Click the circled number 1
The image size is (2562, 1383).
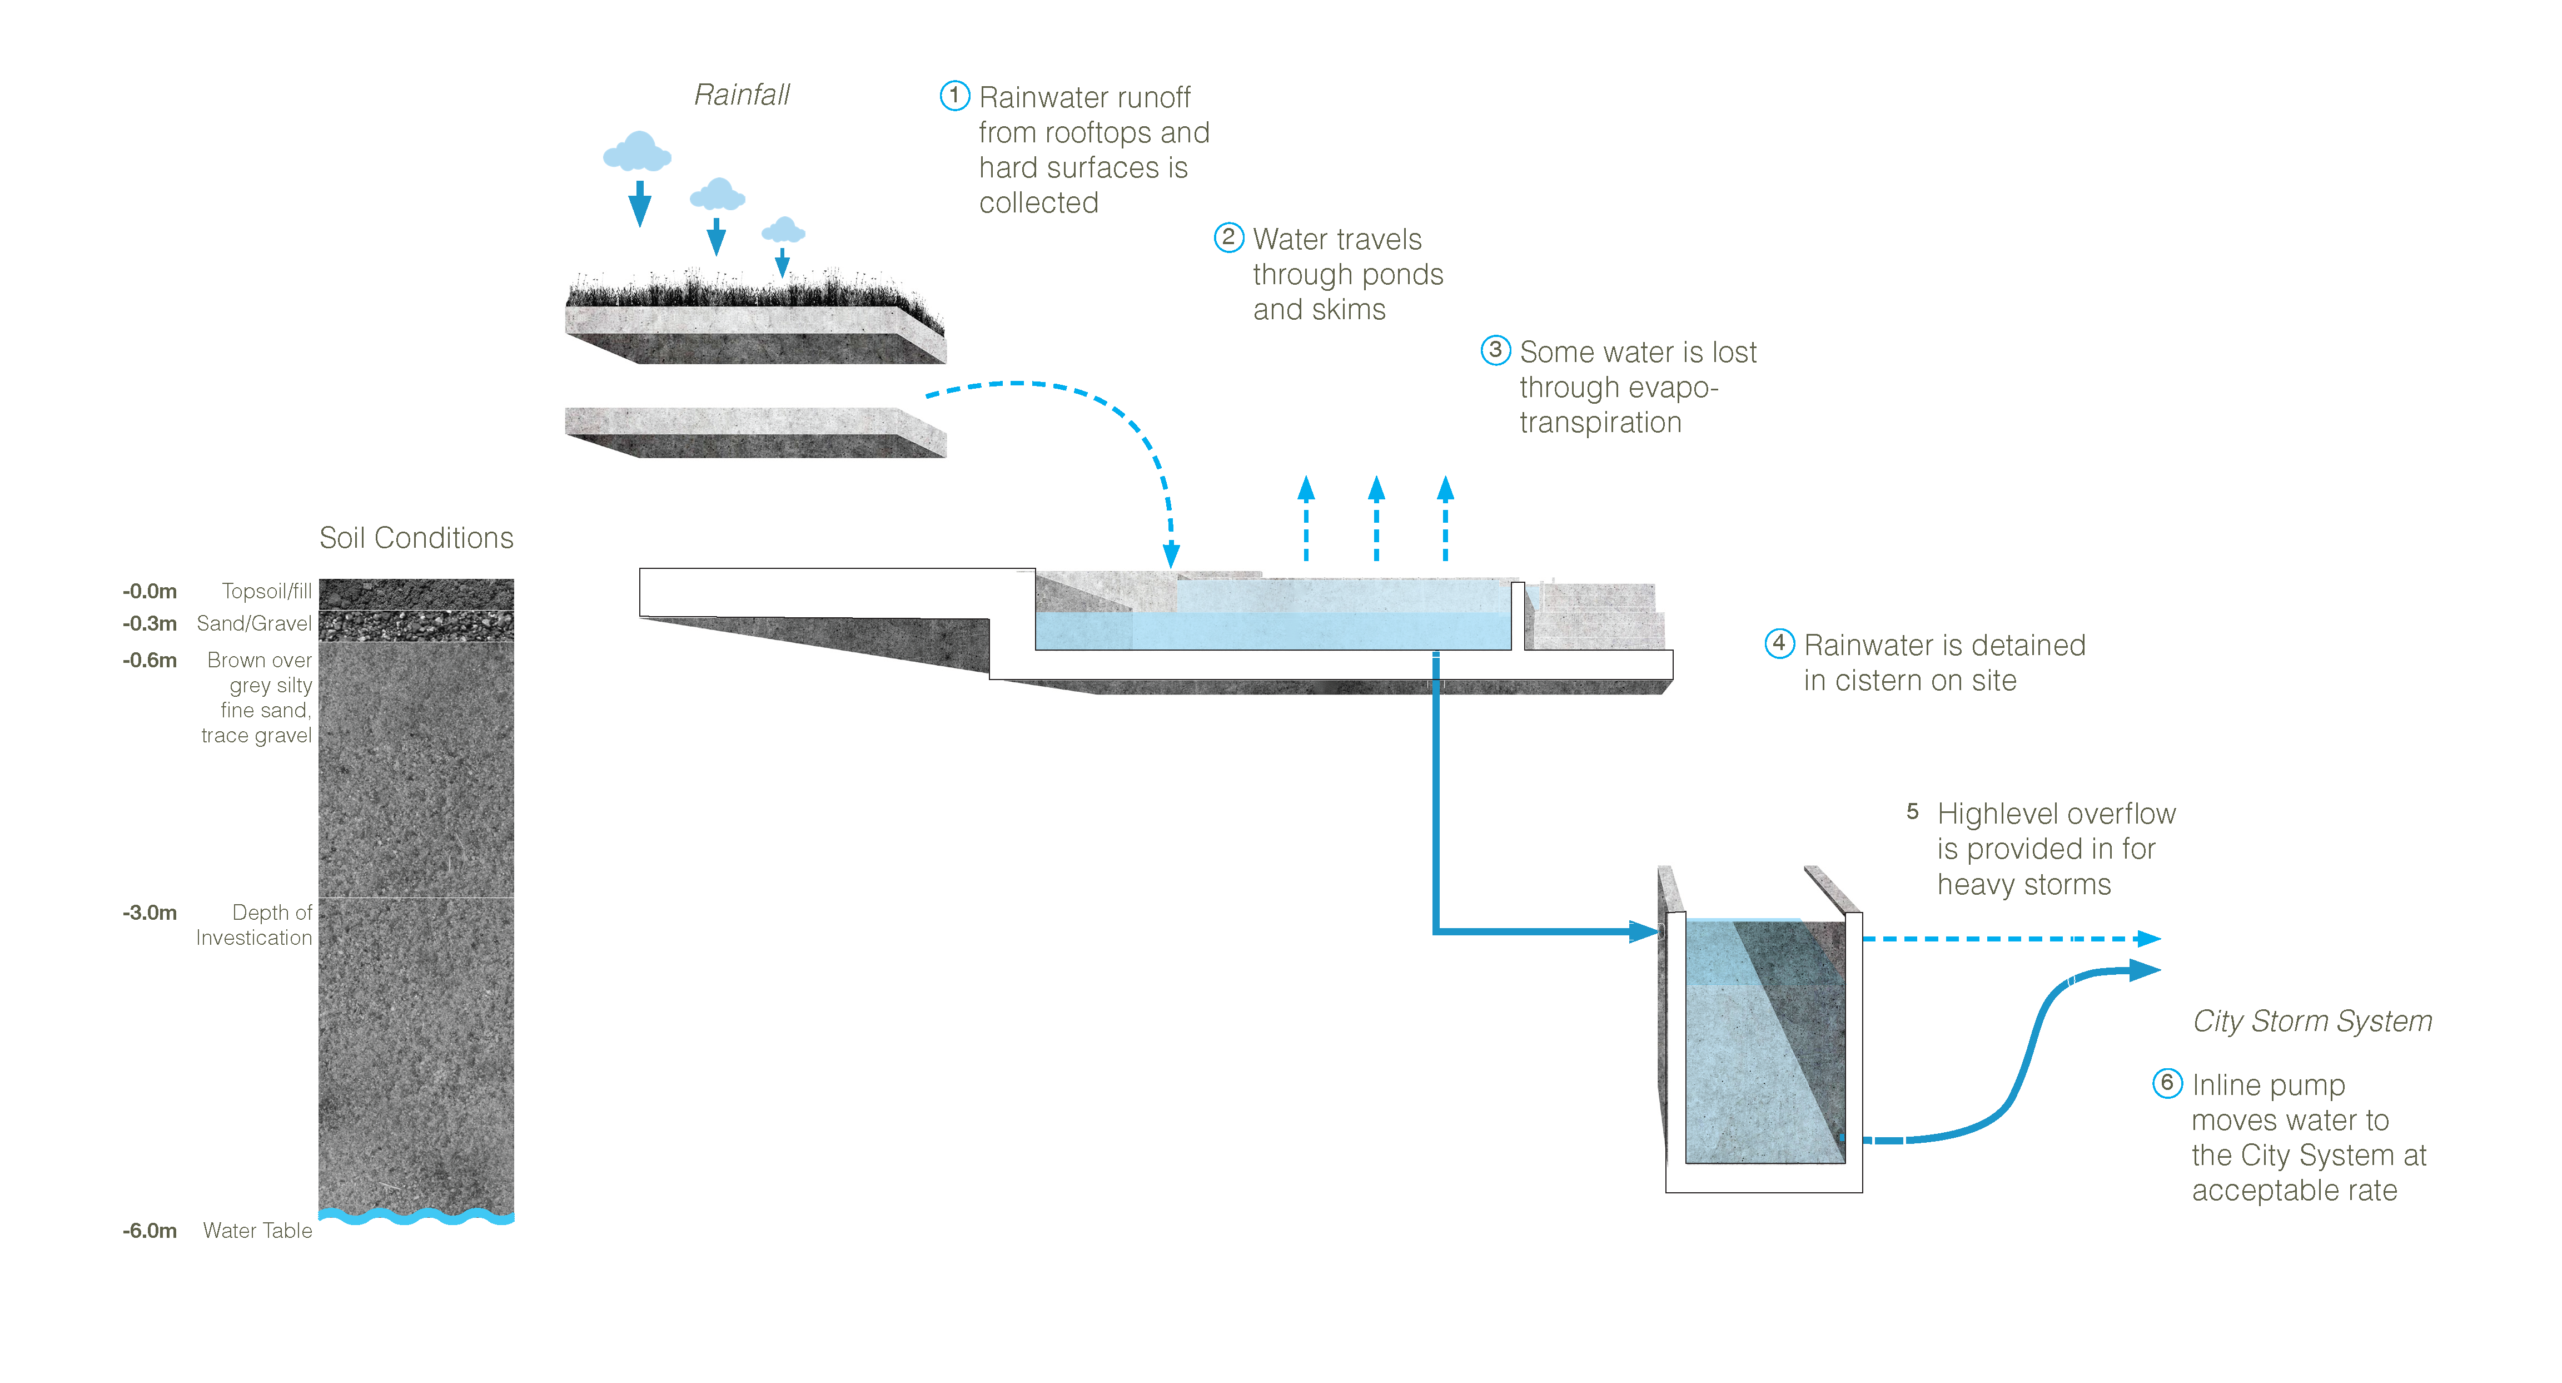click(x=955, y=96)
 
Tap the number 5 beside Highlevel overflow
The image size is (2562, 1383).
click(x=1913, y=812)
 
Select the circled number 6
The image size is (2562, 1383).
click(x=2167, y=1083)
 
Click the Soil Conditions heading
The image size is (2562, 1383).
click(x=417, y=538)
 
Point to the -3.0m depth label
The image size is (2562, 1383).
click(x=150, y=913)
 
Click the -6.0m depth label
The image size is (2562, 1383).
click(x=150, y=1231)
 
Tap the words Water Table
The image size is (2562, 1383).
click(x=257, y=1231)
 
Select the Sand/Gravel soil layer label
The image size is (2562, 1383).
click(x=255, y=624)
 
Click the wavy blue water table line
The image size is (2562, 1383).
click(x=417, y=1216)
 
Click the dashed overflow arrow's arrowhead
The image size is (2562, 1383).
click(x=2148, y=938)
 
